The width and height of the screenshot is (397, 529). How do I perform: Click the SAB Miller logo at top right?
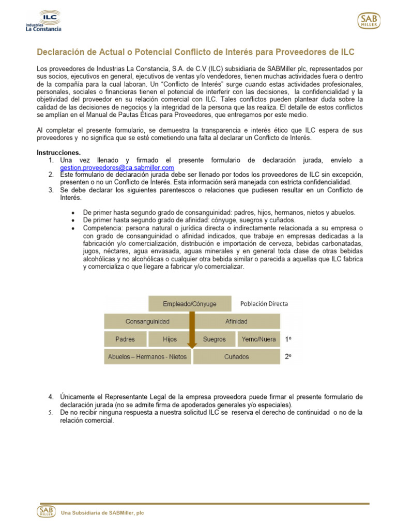point(369,21)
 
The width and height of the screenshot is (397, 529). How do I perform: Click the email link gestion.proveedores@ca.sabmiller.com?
point(117,168)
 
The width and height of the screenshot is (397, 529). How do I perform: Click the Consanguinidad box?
point(147,321)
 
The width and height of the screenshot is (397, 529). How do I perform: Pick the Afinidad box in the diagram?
point(236,321)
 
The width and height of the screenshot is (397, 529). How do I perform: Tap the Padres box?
point(126,339)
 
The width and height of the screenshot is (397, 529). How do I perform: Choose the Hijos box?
point(170,339)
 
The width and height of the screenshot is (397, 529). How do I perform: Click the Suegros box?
point(215,339)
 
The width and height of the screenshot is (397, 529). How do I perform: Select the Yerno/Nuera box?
point(258,339)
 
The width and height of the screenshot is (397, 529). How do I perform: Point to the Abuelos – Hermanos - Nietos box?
point(147,356)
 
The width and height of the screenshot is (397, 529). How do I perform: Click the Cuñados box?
point(236,356)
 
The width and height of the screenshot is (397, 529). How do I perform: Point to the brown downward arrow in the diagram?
point(192,331)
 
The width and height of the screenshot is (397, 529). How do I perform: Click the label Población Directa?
point(264,304)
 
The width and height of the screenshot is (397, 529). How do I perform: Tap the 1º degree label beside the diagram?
point(288,339)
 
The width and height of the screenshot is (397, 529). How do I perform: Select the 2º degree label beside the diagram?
point(288,357)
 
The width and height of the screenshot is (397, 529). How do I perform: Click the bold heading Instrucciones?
point(58,152)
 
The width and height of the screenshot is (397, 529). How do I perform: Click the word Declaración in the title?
point(60,53)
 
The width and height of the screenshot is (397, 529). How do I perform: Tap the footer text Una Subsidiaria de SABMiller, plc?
point(102,512)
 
